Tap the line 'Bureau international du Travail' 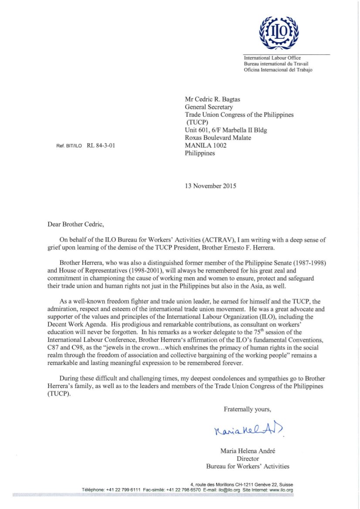pos(272,64)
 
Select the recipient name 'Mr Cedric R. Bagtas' pos(213,99)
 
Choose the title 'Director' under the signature pos(248,458)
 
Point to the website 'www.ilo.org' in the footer pos(281,490)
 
